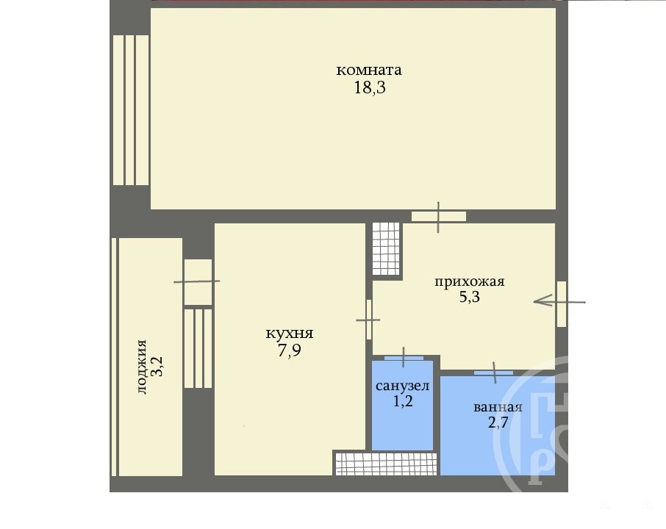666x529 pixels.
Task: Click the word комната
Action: pyautogui.click(x=369, y=70)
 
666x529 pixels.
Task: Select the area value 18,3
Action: pyautogui.click(x=370, y=87)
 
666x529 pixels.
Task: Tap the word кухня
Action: pyautogui.click(x=289, y=334)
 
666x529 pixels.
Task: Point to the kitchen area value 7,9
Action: pyautogui.click(x=289, y=350)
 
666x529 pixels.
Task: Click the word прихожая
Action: pyautogui.click(x=469, y=281)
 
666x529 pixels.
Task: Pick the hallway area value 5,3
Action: pyautogui.click(x=469, y=296)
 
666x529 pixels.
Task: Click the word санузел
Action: pyautogui.click(x=402, y=386)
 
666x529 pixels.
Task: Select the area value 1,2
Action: pyautogui.click(x=403, y=400)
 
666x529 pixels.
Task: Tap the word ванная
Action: pyautogui.click(x=498, y=407)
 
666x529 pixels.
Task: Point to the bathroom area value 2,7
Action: pyautogui.click(x=498, y=422)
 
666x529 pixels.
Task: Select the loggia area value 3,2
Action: pyautogui.click(x=157, y=367)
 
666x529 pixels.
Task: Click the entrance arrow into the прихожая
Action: pyautogui.click(x=559, y=301)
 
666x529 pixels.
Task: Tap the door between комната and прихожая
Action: pyautogui.click(x=439, y=217)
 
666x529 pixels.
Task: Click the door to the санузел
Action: pyautogui.click(x=404, y=358)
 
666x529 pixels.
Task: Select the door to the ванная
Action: pyautogui.click(x=493, y=373)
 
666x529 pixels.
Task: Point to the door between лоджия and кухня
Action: pyautogui.click(x=198, y=282)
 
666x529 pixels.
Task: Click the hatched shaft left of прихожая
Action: pyautogui.click(x=386, y=249)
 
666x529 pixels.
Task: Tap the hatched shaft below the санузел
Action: pyautogui.click(x=386, y=464)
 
